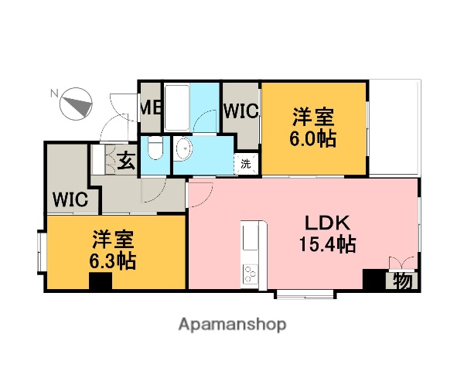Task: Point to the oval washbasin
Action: click(x=183, y=148)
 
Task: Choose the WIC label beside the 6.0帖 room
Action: click(x=241, y=111)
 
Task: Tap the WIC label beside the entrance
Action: click(x=70, y=199)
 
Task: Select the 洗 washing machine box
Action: click(x=245, y=163)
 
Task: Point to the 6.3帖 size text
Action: click(x=114, y=260)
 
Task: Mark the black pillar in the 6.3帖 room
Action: click(x=100, y=281)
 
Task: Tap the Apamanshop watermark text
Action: click(x=232, y=325)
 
